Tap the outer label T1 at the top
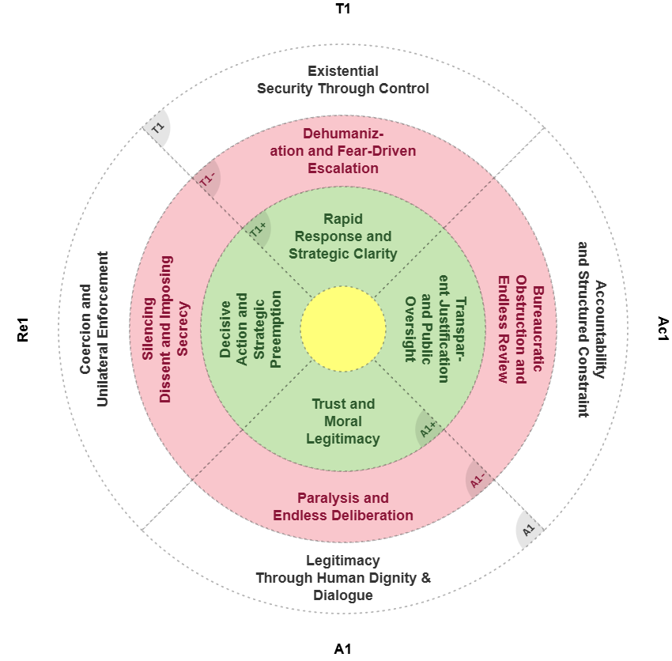[x=343, y=9]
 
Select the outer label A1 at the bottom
[x=343, y=649]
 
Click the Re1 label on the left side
[x=23, y=329]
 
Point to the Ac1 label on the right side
[x=663, y=329]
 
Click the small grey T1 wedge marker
[x=158, y=128]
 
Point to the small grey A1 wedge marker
[x=529, y=529]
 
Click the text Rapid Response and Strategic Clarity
[x=343, y=236]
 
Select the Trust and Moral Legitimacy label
[x=343, y=421]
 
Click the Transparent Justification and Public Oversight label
[x=436, y=329]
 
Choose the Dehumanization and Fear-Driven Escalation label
[x=343, y=150]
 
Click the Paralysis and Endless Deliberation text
[x=343, y=507]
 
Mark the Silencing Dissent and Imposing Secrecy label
[x=165, y=329]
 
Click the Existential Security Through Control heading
[x=343, y=80]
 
